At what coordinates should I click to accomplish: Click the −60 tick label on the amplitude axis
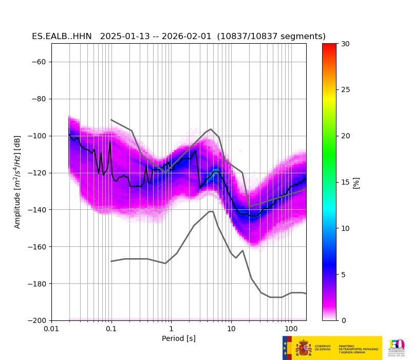39,62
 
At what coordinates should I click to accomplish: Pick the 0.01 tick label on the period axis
51,329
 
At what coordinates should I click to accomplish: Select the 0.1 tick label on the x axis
111,329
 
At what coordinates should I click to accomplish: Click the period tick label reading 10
231,329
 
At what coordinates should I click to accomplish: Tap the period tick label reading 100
291,329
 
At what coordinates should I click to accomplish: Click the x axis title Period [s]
179,338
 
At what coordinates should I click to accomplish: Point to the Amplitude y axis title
17,182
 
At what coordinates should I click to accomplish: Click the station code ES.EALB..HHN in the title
62,37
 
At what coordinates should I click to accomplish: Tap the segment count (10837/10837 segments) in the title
271,37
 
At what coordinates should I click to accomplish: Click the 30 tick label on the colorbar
345,44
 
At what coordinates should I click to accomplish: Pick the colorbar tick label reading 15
345,182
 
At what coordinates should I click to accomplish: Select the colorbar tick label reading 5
343,275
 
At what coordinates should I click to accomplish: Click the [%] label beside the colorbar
356,183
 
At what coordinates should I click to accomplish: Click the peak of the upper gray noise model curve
211,129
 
